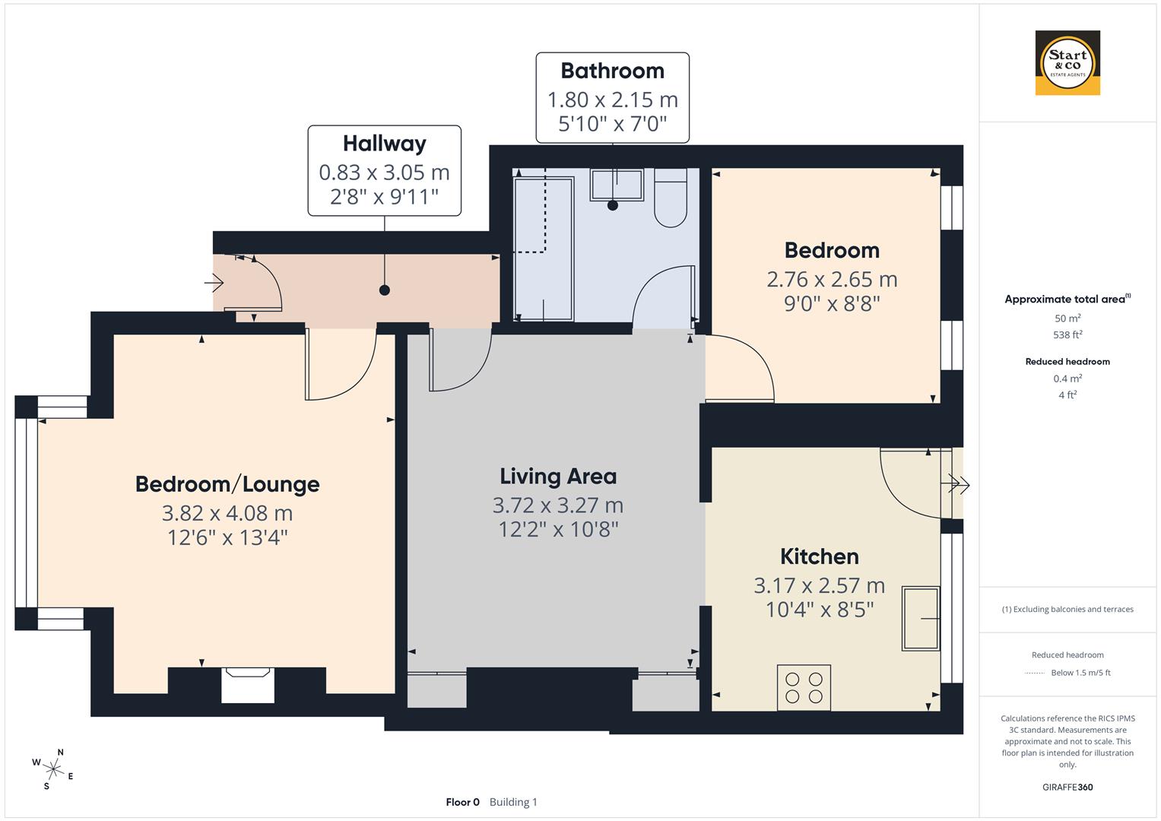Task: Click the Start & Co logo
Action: click(x=1067, y=63)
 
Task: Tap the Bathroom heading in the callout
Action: click(x=612, y=71)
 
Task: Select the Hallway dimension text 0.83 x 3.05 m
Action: click(x=384, y=173)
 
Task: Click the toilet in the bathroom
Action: click(x=670, y=199)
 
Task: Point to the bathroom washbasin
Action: click(x=617, y=185)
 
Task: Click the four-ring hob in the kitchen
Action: click(x=804, y=687)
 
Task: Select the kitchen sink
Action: click(x=921, y=618)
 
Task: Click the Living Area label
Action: click(x=558, y=477)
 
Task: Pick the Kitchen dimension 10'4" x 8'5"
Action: click(x=819, y=610)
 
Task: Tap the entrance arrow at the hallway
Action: click(x=214, y=284)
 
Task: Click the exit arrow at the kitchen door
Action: click(x=958, y=483)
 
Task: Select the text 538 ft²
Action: click(x=1067, y=334)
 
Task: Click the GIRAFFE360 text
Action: click(x=1067, y=787)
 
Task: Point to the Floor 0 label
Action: click(x=462, y=802)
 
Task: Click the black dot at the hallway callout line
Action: click(x=385, y=290)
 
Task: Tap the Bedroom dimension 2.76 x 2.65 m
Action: click(x=832, y=280)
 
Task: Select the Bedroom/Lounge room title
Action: click(x=227, y=484)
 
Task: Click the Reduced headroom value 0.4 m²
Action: click(x=1067, y=379)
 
